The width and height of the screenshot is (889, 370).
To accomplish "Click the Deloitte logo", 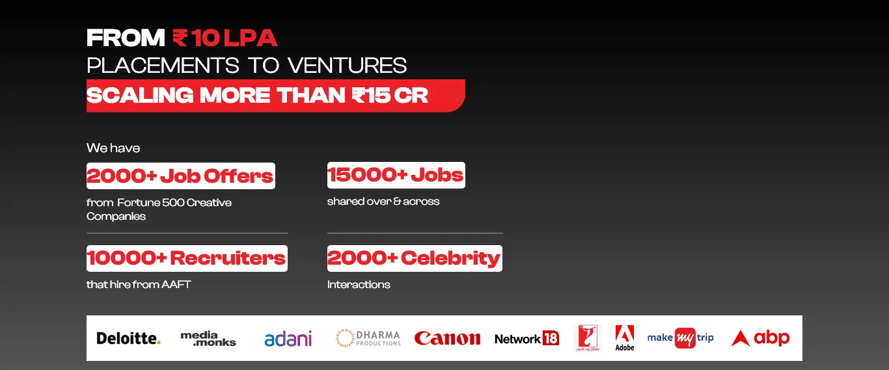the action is (x=129, y=338).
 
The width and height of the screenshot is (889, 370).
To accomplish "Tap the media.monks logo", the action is (x=208, y=339).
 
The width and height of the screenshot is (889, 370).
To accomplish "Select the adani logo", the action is (x=288, y=339).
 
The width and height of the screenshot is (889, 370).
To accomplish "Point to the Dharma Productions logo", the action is (x=368, y=338).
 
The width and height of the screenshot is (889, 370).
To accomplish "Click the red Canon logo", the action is (x=447, y=338).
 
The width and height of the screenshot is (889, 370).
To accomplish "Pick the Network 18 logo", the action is (x=527, y=339).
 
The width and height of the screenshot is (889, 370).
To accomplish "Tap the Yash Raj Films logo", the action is (x=588, y=338).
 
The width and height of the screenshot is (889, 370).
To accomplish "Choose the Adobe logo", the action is (x=625, y=338).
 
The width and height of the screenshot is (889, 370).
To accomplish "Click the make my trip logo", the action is (x=680, y=338).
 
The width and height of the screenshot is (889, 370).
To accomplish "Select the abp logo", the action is (x=760, y=338).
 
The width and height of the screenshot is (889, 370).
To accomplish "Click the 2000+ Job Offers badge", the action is (x=180, y=176).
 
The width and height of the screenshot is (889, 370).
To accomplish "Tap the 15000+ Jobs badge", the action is (x=396, y=175).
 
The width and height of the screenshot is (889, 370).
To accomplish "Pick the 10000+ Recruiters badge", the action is (x=187, y=258).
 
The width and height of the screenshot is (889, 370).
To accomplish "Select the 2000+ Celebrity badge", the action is (x=415, y=258).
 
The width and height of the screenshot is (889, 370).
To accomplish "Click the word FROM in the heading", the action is (x=126, y=38).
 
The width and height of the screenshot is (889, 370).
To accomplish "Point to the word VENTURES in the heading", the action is (x=348, y=66).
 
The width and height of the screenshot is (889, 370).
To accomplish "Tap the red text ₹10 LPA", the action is (x=225, y=38).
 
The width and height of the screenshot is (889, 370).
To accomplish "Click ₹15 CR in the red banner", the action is (x=390, y=96).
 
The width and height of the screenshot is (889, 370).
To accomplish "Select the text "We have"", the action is (x=113, y=148).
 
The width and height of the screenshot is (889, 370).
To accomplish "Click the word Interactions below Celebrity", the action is (x=359, y=284).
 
